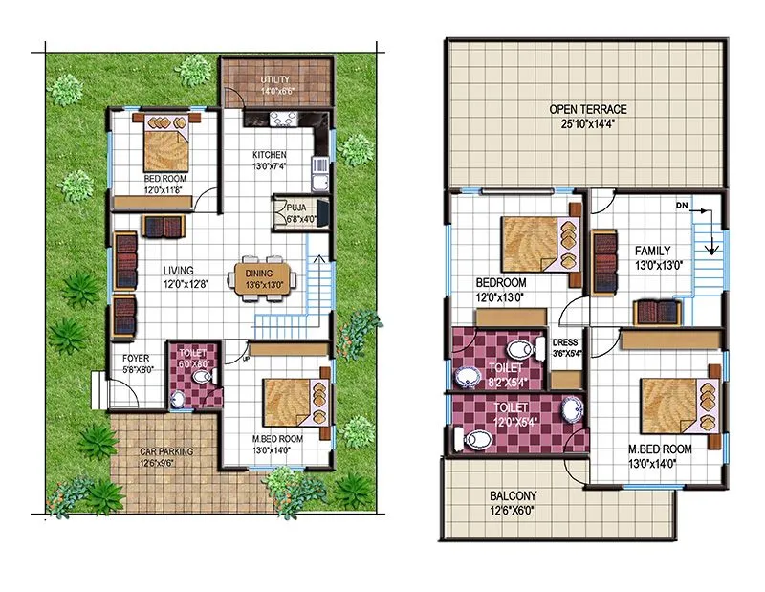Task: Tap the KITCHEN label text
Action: click(269, 155)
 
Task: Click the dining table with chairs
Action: click(264, 278)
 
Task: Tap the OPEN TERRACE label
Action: click(587, 110)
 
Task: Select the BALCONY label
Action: click(513, 495)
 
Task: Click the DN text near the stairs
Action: click(681, 206)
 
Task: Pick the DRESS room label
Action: click(566, 342)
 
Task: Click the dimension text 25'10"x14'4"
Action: click(587, 124)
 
